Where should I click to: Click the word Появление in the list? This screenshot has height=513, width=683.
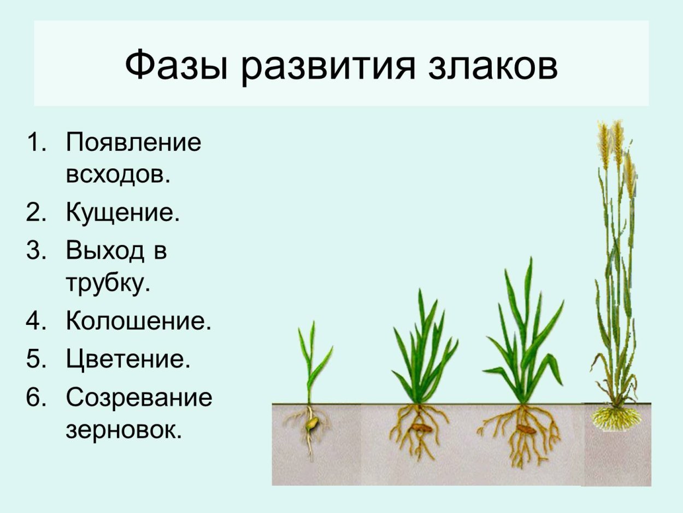(134, 143)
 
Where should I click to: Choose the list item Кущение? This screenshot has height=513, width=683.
(122, 213)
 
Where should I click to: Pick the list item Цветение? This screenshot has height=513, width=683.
(128, 360)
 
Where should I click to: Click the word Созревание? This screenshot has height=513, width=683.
(139, 398)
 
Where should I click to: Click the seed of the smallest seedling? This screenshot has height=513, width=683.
(313, 423)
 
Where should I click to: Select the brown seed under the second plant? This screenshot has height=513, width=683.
(421, 429)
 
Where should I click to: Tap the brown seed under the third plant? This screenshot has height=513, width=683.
(525, 429)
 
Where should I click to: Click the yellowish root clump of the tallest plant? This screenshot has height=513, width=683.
(616, 419)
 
